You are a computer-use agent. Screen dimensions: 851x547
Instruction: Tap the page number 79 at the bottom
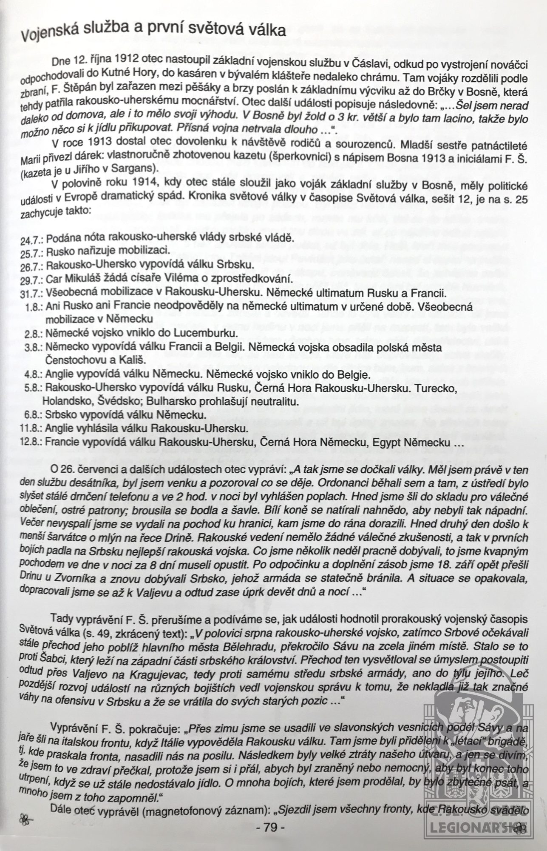pos(271,827)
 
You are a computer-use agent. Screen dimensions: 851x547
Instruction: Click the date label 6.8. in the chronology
pos(33,414)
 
